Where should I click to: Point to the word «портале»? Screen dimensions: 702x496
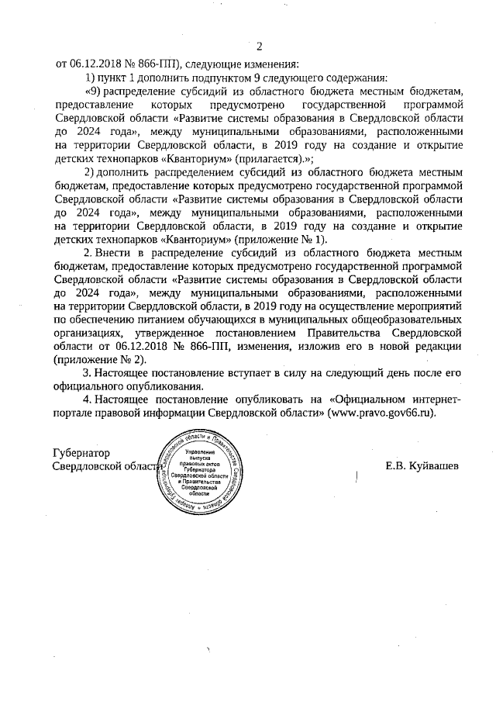tap(74, 413)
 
